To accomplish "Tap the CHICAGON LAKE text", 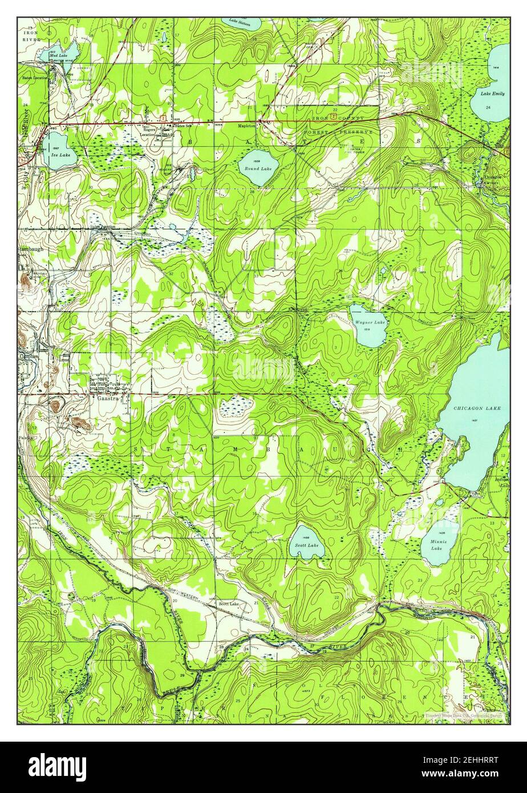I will pyautogui.click(x=473, y=408).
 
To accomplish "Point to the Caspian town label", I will pyautogui.click(x=27, y=355).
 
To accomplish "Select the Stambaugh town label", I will pyautogui.click(x=30, y=249).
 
